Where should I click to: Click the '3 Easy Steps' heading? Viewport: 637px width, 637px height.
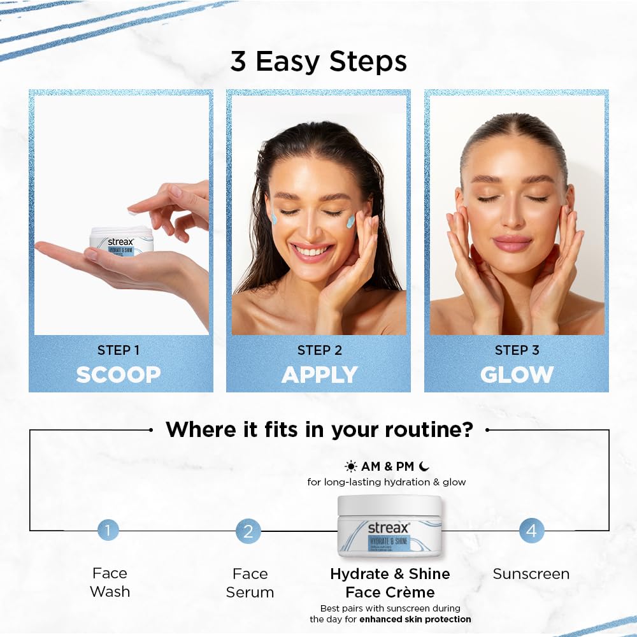318,62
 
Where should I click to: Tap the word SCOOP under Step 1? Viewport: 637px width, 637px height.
118,375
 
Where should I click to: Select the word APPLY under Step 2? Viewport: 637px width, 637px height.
319,375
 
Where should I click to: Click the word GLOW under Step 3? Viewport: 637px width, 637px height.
517,375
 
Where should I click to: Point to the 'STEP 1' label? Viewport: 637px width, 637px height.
118,350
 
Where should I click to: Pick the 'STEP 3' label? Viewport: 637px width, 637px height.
517,350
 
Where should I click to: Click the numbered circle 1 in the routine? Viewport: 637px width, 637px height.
108,530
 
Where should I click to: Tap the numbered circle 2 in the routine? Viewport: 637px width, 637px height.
248,531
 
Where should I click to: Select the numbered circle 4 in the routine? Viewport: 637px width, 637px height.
531,530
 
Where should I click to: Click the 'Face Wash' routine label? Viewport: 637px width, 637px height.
110,582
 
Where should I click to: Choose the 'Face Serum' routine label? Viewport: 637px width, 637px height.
250,583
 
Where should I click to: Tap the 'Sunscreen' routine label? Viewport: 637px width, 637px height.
531,574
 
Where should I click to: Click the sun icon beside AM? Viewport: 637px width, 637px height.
351,466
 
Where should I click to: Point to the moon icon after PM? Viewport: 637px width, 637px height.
425,466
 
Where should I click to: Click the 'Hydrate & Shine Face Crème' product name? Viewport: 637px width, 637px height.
390,583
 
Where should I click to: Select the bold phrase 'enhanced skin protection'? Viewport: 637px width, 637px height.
415,619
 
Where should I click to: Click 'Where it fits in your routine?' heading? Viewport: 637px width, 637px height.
319,429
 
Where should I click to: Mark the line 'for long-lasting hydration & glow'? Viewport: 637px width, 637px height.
387,482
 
